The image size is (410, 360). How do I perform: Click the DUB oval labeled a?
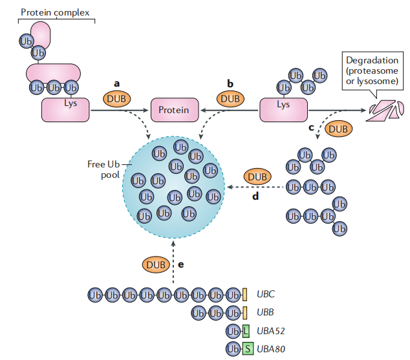pos(116,99)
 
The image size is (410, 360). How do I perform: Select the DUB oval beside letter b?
pos(230,99)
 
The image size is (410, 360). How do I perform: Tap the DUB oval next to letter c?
pos(337,129)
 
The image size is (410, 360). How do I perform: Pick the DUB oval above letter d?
pos(257,176)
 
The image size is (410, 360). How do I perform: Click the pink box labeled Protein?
pos(173,109)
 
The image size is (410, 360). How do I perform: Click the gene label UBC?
pos(266,295)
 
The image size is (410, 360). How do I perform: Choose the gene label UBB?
pos(266,313)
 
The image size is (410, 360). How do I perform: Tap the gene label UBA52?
pos(271,332)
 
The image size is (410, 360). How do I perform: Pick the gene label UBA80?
pos(271,350)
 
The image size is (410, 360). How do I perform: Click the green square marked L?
pos(246,332)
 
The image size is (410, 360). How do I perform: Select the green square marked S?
pos(246,350)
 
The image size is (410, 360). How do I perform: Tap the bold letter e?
pos(181,264)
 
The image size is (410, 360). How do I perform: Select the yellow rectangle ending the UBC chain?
pos(244,295)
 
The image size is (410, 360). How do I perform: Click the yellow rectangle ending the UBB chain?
pos(244,313)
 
